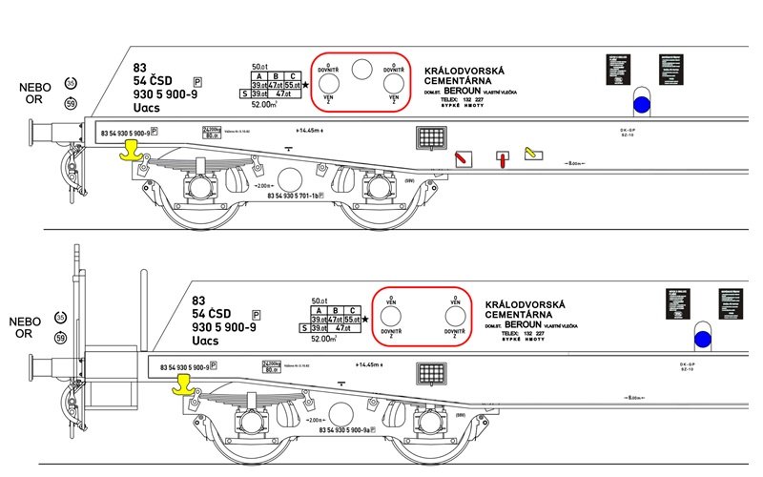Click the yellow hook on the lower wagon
180,384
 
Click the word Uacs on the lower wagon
205,341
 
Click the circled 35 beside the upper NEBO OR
70,83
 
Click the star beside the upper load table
306,85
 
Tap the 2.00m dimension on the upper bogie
263,186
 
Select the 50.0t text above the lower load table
321,302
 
